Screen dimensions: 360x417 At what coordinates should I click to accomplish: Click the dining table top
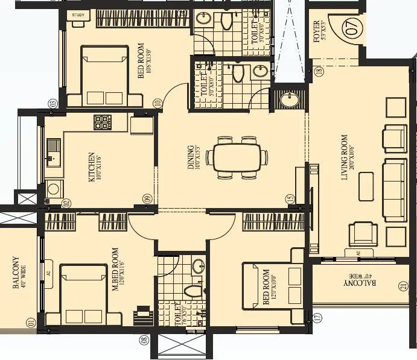237,158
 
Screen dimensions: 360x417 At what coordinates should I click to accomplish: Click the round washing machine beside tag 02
54,189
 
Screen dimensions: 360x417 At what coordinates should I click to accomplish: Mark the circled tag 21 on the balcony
403,287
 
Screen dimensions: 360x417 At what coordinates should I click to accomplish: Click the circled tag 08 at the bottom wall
144,341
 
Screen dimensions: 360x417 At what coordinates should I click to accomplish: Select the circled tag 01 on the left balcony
30,323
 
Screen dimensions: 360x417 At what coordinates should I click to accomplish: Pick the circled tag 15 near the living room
290,198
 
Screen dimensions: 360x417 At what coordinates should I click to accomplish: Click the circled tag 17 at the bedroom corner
316,316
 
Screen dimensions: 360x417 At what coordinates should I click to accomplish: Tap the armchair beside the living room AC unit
363,233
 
